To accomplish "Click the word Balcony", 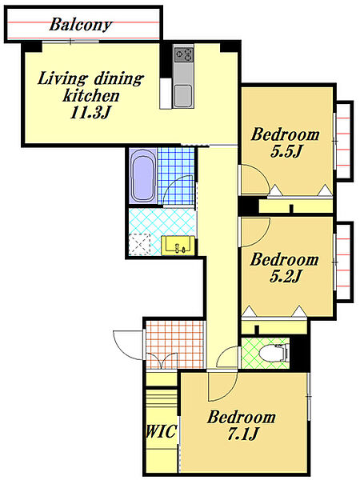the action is click(x=81, y=25).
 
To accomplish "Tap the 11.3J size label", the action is click(x=90, y=113).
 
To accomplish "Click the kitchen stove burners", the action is click(x=183, y=54).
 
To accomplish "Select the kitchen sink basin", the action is click(x=183, y=96).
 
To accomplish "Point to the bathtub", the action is click(x=142, y=176).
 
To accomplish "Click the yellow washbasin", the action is click(x=178, y=246).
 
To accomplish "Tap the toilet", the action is click(x=274, y=352).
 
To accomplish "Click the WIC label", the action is click(x=161, y=431).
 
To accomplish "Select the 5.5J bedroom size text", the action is click(x=286, y=151).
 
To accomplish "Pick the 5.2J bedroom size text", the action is click(x=286, y=276).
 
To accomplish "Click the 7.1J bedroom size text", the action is click(x=243, y=434).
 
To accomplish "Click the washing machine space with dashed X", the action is click(x=139, y=245).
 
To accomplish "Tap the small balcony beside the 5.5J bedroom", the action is click(x=343, y=139).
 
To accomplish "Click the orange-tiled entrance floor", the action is click(x=174, y=344).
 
